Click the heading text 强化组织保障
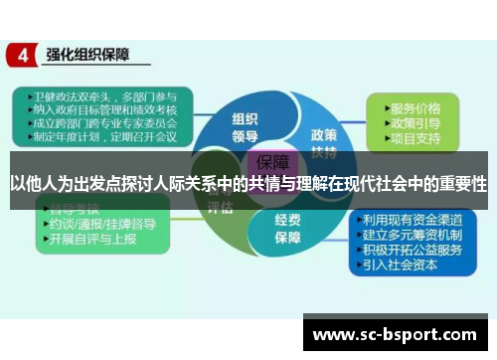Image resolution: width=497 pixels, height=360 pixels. tap(89, 56)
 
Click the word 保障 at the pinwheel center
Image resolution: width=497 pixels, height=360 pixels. tap(275, 162)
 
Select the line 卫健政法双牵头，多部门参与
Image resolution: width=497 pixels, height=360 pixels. tap(99, 96)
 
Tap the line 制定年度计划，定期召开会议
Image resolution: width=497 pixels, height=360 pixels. tap(99, 138)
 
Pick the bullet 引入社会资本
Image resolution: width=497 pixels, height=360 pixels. tap(404, 265)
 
